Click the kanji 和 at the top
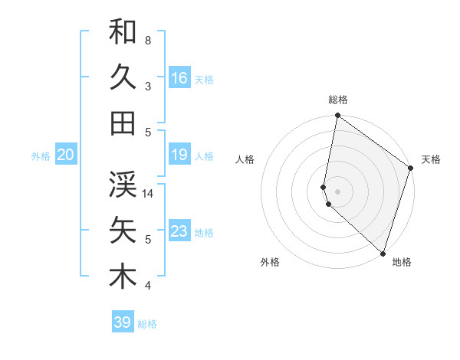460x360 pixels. tap(123, 32)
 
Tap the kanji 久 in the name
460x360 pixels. tap(123, 77)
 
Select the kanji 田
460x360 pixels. tap(123, 123)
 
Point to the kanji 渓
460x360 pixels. tap(123, 184)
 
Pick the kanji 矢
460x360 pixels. tap(123, 230)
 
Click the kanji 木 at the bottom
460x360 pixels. tap(123, 276)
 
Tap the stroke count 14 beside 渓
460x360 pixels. tap(148, 194)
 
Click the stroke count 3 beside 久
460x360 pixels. tap(148, 87)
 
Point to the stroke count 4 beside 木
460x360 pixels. tap(148, 286)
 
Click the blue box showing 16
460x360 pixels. tap(179, 77)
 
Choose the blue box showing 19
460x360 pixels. tap(179, 155)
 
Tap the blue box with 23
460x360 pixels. tap(179, 231)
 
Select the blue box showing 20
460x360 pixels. tap(66, 155)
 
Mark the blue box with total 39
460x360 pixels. tap(123, 322)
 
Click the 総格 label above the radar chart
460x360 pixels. tap(338, 100)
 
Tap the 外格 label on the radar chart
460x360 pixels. tap(270, 262)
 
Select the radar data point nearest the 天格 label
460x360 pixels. tap(411, 169)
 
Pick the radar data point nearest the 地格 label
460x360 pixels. tap(383, 253)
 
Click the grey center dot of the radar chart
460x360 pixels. tap(338, 189)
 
